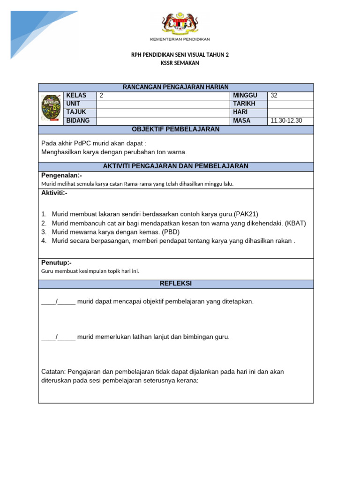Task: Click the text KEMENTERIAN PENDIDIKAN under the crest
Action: [x=180, y=39]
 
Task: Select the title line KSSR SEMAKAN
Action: [x=180, y=63]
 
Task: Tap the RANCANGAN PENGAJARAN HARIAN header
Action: [x=176, y=87]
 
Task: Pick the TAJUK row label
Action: [x=76, y=112]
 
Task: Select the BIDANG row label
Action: [x=78, y=120]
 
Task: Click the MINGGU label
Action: [x=245, y=96]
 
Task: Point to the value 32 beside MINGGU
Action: [x=274, y=96]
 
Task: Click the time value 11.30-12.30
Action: [x=286, y=120]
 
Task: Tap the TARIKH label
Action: [x=244, y=104]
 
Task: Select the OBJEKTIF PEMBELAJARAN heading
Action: [x=176, y=129]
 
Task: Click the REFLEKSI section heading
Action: [x=176, y=284]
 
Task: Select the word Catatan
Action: [x=53, y=372]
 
